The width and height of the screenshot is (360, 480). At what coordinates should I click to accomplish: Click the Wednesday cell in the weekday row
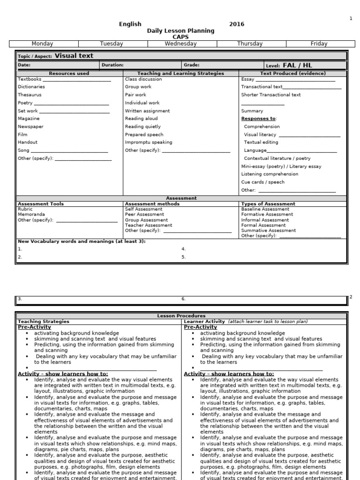pos(181,44)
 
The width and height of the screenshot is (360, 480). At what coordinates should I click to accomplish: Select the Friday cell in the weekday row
pos(319,44)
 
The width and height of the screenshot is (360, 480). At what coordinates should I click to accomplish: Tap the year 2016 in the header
pos(236,24)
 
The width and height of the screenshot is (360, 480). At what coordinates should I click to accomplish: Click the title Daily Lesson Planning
pos(180,30)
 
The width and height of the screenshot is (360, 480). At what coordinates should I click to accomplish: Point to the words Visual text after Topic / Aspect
pos(74,55)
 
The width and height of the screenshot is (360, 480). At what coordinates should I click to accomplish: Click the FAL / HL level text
pos(297,65)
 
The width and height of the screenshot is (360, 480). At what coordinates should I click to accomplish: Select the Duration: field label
pos(112,65)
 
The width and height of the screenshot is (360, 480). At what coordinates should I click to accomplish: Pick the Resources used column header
pos(69,74)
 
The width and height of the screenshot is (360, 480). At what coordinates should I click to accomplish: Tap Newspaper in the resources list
pos(30,127)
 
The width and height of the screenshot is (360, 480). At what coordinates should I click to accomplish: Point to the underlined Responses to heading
pos(258,119)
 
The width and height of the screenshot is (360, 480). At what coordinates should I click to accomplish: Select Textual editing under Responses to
pos(261,142)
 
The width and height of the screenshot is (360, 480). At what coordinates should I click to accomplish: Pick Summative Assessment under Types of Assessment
pos(268,231)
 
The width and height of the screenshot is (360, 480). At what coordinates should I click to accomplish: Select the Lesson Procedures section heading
pos(181,316)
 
